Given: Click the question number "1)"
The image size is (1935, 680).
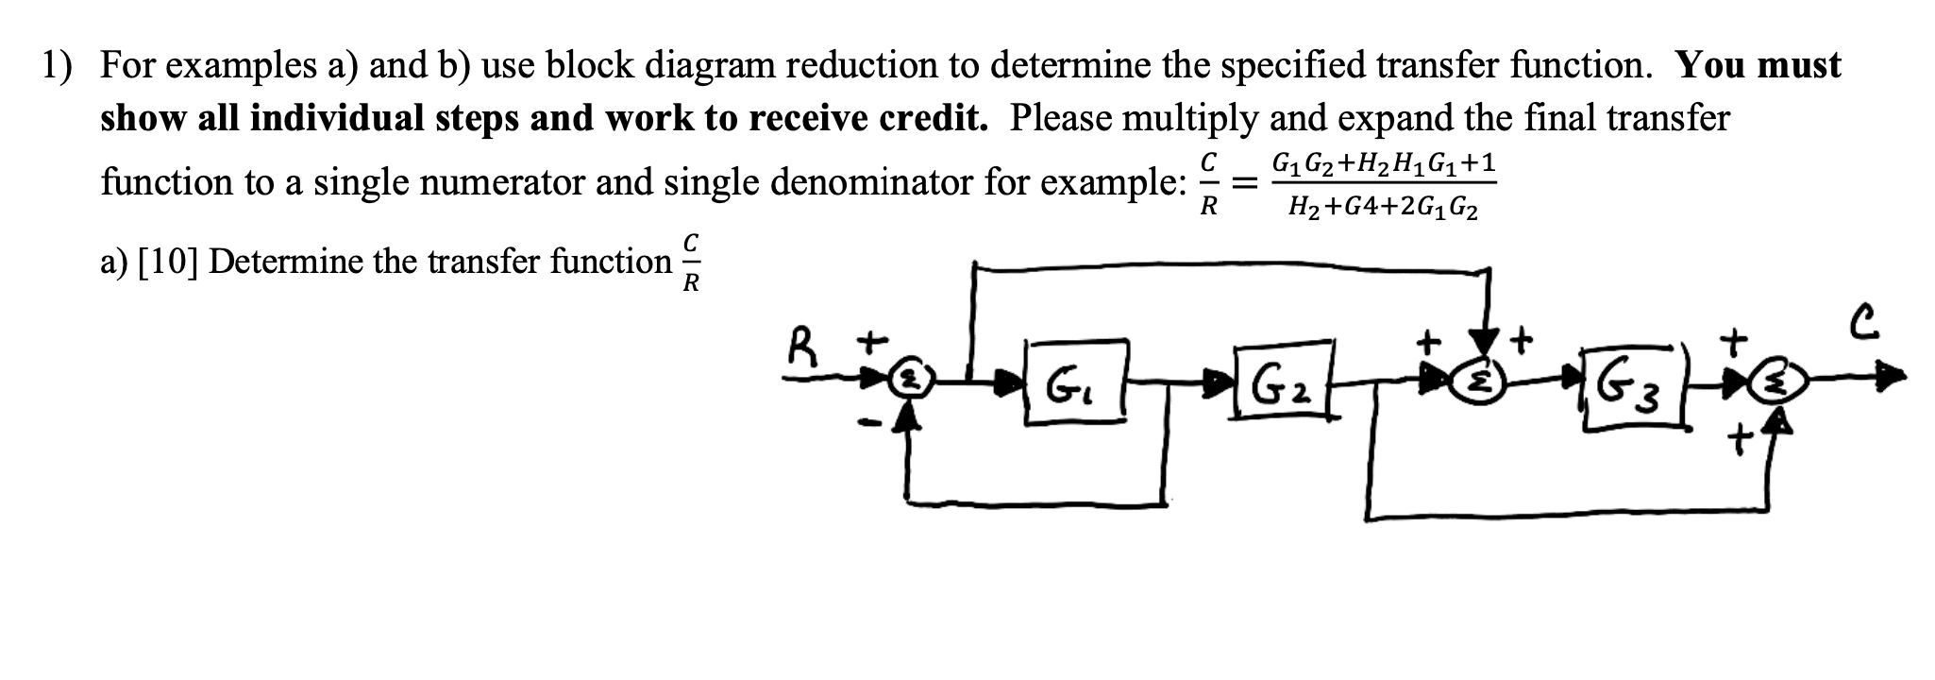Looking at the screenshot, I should (x=57, y=65).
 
